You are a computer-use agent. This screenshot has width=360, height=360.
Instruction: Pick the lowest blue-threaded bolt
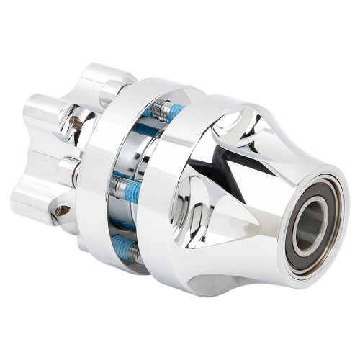124,243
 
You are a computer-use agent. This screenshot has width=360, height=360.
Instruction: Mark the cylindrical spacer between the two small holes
68,170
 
